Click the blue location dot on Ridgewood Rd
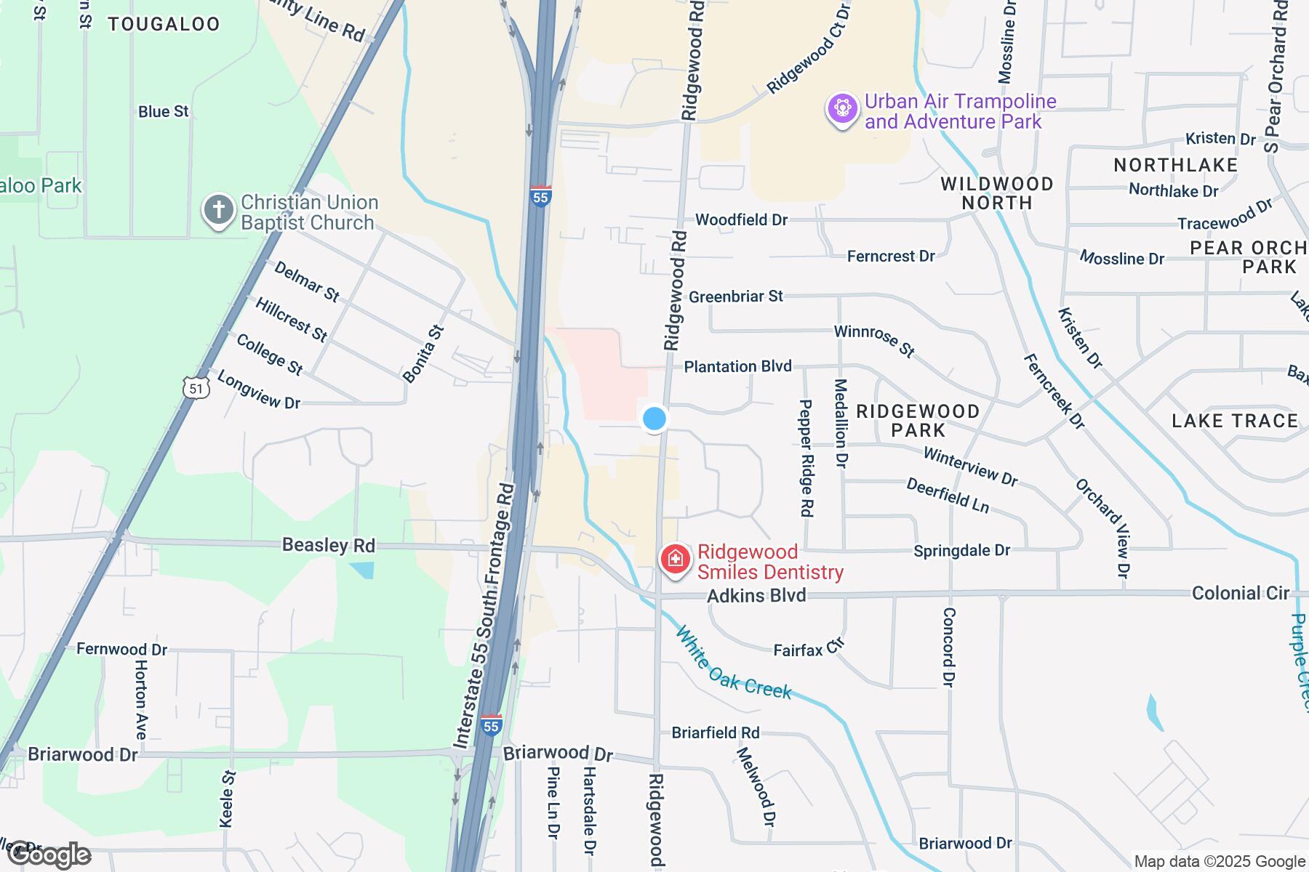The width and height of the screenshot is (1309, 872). (654, 419)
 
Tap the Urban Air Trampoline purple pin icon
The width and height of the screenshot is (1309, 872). (842, 109)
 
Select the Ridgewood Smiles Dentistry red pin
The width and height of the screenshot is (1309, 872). (675, 560)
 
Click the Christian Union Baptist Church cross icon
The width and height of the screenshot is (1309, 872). (218, 211)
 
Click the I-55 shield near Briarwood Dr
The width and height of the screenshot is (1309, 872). (492, 725)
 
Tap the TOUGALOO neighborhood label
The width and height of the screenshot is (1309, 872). (164, 24)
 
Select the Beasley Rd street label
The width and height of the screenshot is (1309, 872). (328, 545)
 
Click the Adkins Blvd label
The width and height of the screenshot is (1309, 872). (756, 596)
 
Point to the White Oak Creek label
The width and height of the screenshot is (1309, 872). (733, 663)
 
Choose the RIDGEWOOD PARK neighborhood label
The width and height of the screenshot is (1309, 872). (918, 421)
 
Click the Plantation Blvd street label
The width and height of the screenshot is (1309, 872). (737, 366)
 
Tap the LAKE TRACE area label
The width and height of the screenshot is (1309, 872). (1235, 421)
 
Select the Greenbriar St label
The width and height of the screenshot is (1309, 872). (735, 296)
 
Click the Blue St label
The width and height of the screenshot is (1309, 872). (164, 111)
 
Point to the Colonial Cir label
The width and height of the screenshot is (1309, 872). (1240, 593)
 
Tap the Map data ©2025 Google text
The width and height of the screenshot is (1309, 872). (1220, 862)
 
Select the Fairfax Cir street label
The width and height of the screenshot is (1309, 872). (807, 648)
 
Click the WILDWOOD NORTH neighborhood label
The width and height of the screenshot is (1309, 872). (996, 193)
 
